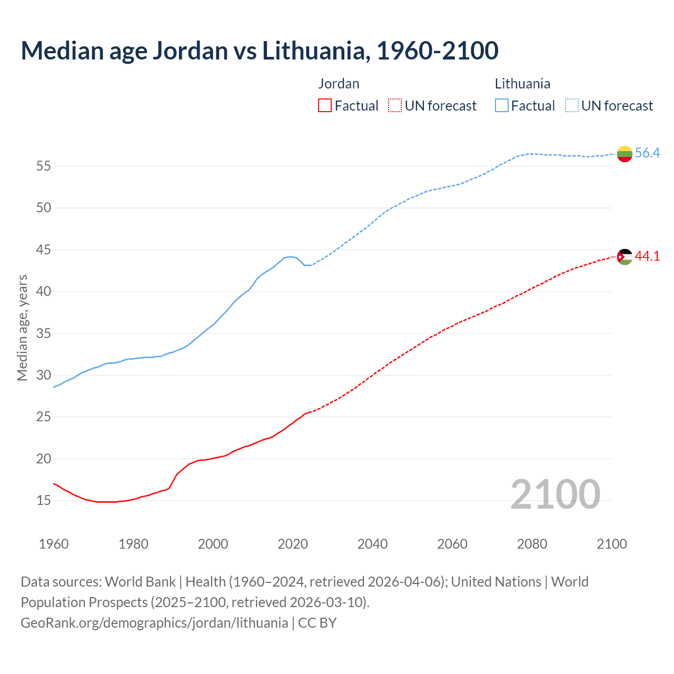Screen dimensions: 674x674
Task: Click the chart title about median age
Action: click(x=259, y=51)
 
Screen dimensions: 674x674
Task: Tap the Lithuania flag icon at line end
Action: click(x=625, y=154)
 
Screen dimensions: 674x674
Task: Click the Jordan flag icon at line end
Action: click(x=625, y=257)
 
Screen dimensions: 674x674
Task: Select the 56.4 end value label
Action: click(x=647, y=153)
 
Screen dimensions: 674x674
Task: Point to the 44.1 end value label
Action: click(x=647, y=256)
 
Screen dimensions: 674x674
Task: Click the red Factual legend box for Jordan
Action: click(x=325, y=106)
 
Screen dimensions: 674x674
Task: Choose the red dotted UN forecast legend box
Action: click(x=395, y=106)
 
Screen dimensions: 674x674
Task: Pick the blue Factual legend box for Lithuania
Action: click(x=502, y=106)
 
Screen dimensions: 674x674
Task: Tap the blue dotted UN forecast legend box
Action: click(x=572, y=106)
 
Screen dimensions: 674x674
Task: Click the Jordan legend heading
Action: click(x=339, y=84)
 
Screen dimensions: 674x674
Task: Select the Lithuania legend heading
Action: click(x=522, y=84)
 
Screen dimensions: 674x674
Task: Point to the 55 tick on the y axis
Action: click(x=43, y=166)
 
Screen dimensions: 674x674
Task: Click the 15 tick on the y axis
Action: click(x=43, y=501)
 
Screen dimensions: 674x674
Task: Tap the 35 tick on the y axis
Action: click(x=43, y=334)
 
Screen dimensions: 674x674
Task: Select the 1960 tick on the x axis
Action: click(x=54, y=544)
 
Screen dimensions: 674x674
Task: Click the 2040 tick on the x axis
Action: click(x=372, y=544)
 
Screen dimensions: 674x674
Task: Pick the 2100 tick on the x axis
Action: click(x=611, y=544)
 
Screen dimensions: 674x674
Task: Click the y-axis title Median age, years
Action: click(x=22, y=328)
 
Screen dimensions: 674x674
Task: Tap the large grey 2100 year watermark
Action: click(x=555, y=494)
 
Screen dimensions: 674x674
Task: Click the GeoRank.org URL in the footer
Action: click(x=154, y=623)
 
